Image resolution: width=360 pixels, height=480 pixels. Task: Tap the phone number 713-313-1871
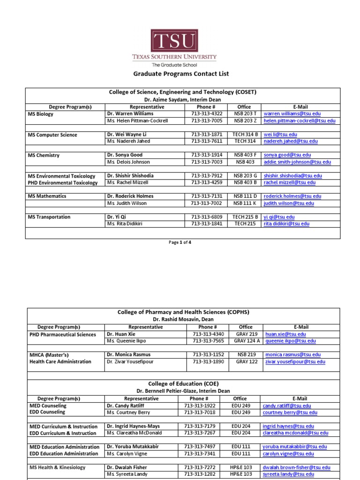pos(206,135)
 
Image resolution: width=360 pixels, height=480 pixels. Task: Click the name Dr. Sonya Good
pos(125,155)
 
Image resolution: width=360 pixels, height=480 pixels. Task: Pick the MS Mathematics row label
pos(47,196)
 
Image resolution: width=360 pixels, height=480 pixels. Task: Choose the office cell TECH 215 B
pos(244,217)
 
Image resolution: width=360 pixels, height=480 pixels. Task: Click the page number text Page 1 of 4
pos(180,242)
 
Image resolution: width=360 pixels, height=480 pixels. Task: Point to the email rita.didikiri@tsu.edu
pos(286,224)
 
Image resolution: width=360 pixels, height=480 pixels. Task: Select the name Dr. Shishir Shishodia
pos(130,176)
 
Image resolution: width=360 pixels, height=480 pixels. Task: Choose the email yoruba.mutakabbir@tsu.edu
pos(295,447)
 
